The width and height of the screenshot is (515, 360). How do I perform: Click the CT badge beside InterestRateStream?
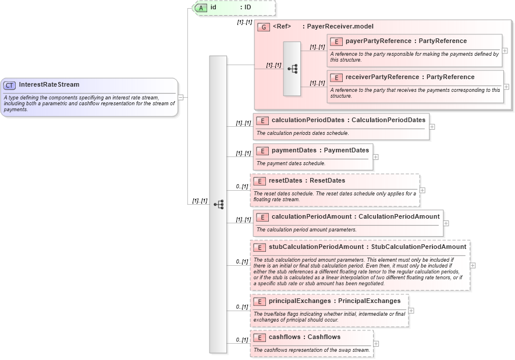coord(9,85)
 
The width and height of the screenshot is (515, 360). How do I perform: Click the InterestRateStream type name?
coord(49,85)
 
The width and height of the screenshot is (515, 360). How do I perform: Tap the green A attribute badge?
coord(201,8)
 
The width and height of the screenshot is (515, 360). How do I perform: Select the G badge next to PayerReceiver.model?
coord(264,27)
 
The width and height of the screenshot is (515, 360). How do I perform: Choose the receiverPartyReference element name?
coord(381,77)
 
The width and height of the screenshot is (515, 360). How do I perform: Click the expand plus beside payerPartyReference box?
coord(505,51)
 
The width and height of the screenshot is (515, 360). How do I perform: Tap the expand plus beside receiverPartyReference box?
coord(506,87)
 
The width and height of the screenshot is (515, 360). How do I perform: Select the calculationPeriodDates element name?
coord(309,120)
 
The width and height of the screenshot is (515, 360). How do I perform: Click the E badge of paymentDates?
coord(262,151)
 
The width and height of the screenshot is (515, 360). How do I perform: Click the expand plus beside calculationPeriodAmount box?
coord(446,223)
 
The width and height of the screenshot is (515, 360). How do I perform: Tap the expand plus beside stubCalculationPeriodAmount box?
coord(473,265)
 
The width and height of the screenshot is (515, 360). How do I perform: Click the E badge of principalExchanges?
coord(260,301)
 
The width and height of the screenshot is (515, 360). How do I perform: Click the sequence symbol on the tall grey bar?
coord(218,204)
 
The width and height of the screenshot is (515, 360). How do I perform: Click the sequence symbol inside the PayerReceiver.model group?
coord(292,69)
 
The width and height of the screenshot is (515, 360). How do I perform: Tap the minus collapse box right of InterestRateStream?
coord(182,97)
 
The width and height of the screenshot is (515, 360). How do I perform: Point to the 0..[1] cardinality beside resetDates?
coord(241,187)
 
